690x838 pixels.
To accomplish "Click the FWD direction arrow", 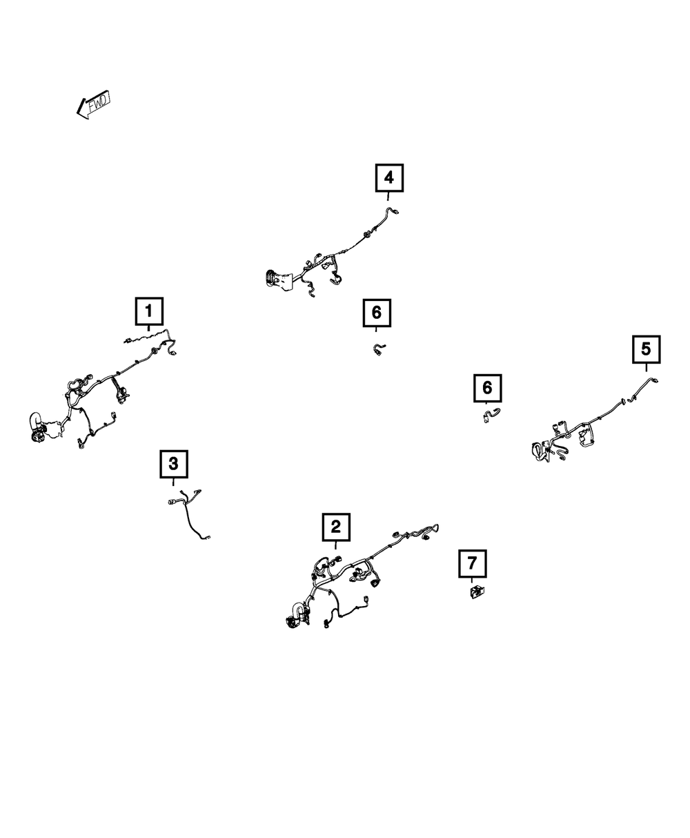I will (x=93, y=105).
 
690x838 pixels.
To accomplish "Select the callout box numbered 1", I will (x=148, y=311).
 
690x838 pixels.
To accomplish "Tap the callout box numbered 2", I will (x=335, y=527).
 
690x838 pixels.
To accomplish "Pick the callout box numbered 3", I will (x=173, y=463).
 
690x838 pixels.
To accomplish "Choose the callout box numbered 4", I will (x=388, y=178).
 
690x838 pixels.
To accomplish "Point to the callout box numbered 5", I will (x=646, y=349).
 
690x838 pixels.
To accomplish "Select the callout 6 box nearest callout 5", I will (x=487, y=388).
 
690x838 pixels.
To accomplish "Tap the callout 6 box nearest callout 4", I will (x=376, y=313).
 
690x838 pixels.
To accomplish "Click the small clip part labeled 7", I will (x=477, y=592).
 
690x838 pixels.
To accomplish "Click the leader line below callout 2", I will (x=335, y=545).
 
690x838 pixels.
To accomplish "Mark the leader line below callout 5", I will (x=646, y=367).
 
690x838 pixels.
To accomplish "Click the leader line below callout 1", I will (x=148, y=330).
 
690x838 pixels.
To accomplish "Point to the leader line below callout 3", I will (x=173, y=481).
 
